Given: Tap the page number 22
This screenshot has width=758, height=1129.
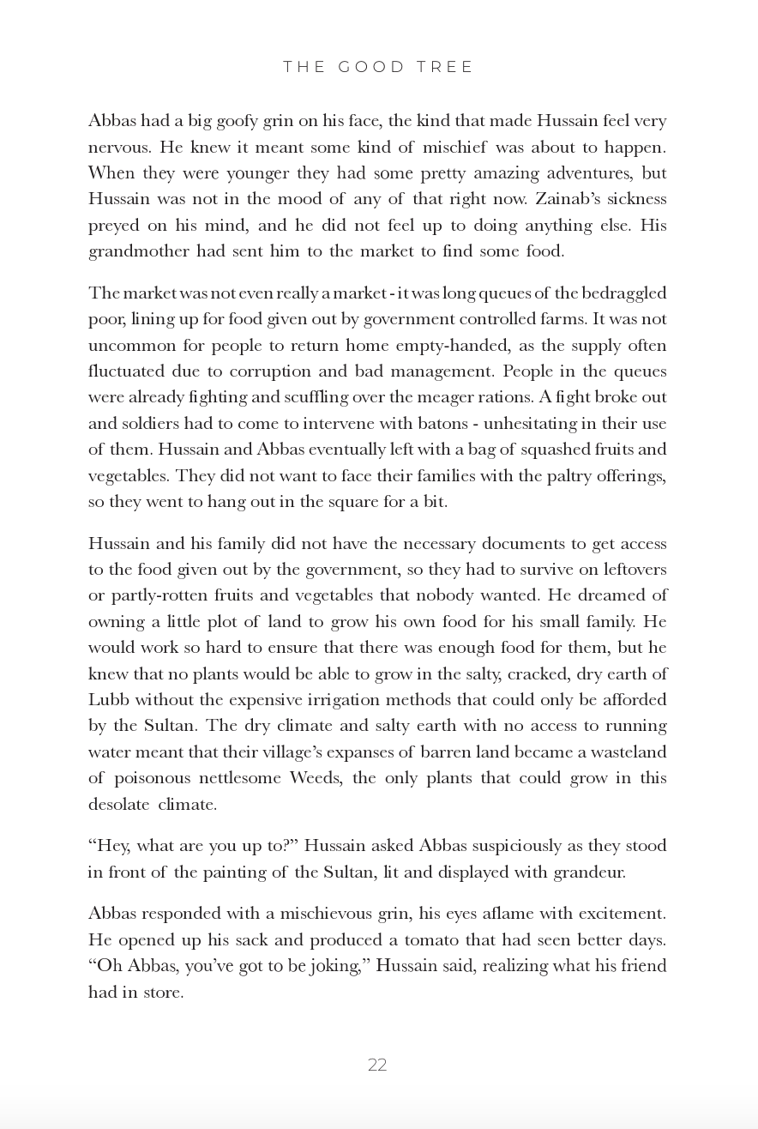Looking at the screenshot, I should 377,1065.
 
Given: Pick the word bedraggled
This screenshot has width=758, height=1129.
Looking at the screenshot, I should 624,293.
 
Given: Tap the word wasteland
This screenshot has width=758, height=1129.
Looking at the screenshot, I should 623,752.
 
